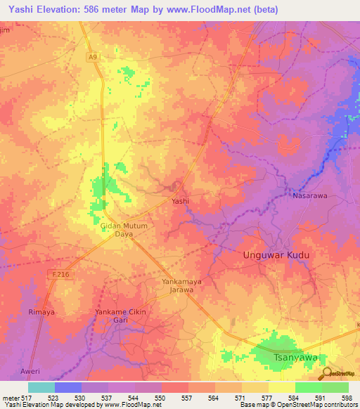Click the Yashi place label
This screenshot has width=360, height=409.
[181, 201]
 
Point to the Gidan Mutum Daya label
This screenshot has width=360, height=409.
[124, 230]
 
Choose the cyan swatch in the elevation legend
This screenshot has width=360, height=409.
[41, 387]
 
